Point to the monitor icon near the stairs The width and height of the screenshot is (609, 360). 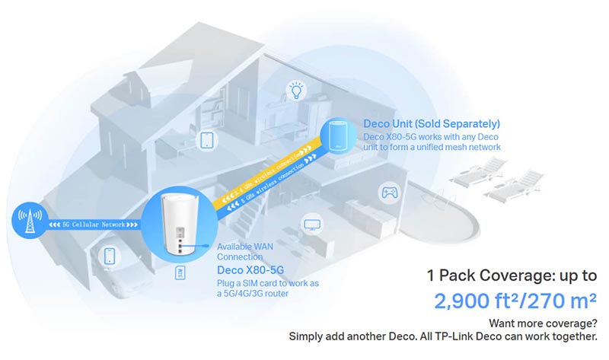tap(312, 225)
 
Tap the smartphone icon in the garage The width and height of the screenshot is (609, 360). tap(110, 255)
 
